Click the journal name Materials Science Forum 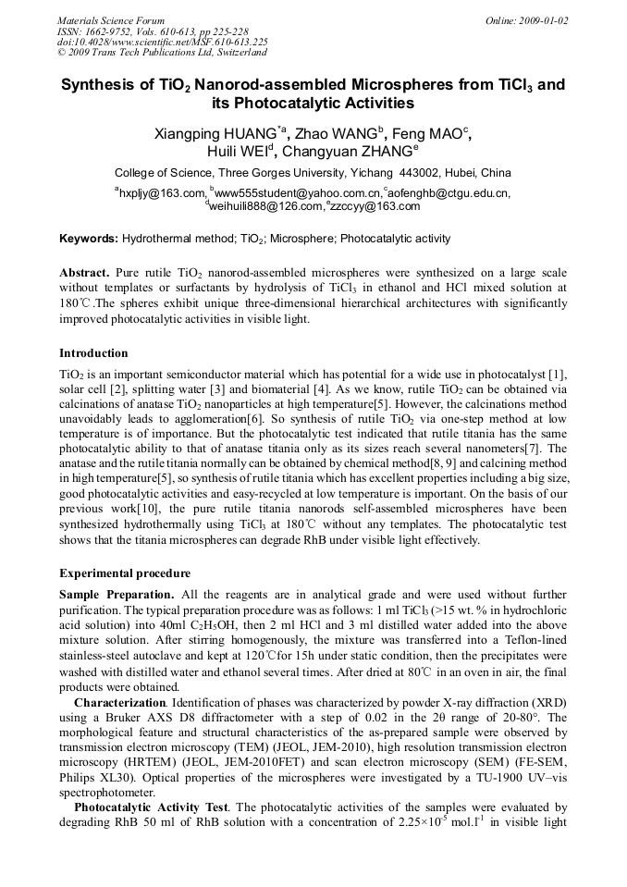[111, 20]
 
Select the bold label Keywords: [89, 239]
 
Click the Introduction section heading [93, 353]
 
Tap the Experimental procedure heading [125, 573]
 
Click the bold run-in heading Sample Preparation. [116, 594]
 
